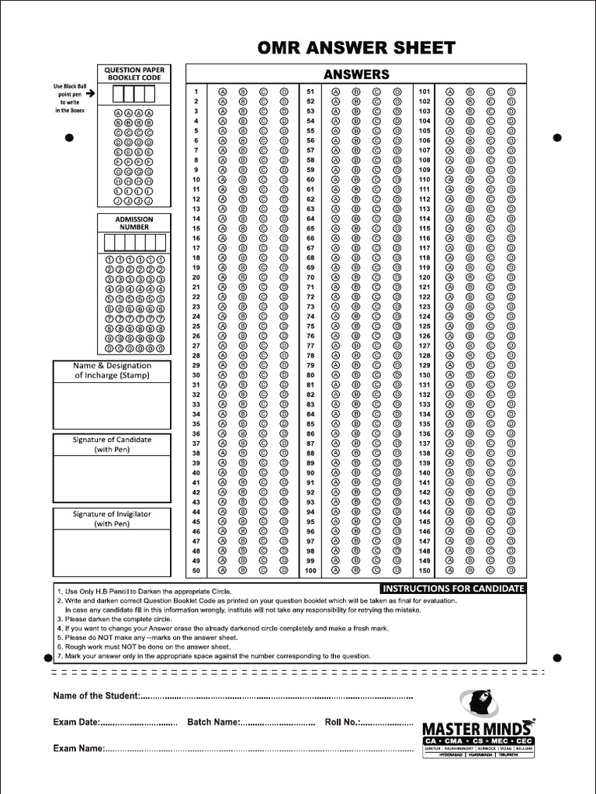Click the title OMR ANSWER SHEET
tap(356, 48)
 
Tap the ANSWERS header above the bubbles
tap(355, 74)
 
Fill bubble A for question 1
tap(223, 91)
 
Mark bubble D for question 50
tap(284, 571)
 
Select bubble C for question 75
tap(376, 326)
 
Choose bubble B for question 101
tap(470, 91)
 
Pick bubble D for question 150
tap(511, 571)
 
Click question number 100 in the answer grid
tap(310, 571)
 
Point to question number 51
tap(310, 91)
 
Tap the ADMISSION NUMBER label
tap(134, 223)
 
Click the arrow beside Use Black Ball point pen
tap(90, 93)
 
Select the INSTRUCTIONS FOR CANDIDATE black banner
tap(454, 589)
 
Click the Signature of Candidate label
tap(112, 444)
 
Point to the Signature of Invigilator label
tap(112, 519)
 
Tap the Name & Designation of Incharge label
tap(112, 370)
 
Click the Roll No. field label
tap(341, 722)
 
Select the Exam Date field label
tap(75, 722)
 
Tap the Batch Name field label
tap(213, 722)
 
